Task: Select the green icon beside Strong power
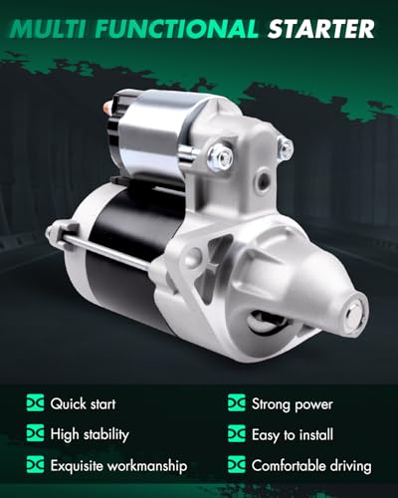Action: coord(237,403)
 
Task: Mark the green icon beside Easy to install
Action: coord(237,434)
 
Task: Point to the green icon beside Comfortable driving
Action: coord(237,465)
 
